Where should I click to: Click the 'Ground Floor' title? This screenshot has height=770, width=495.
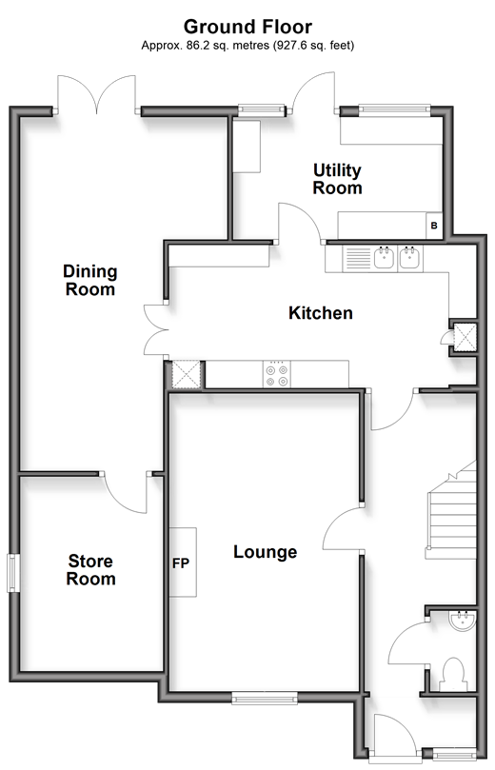point(247,27)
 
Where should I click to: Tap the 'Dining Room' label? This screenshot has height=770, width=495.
point(90,280)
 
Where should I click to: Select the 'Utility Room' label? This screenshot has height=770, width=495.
point(337,179)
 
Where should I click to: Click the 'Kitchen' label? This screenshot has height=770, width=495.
point(321,313)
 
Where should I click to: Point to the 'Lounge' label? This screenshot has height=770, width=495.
point(266,552)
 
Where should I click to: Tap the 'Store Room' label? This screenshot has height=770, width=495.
point(90,569)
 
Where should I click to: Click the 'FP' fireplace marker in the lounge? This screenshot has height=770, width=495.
point(181,563)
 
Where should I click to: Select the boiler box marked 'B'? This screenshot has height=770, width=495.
point(434,226)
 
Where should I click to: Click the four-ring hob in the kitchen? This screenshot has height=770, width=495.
point(276,375)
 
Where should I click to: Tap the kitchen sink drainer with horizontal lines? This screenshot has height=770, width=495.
point(358,258)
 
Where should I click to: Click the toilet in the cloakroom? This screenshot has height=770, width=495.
point(454,675)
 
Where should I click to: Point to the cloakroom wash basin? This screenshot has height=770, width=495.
point(462,621)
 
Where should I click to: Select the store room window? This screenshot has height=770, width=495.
point(13,573)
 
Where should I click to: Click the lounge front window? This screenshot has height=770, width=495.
point(265,698)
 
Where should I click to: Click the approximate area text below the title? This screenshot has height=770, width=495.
point(247,46)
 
